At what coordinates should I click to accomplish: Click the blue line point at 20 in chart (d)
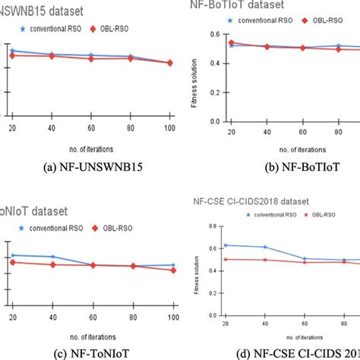tap(224, 245)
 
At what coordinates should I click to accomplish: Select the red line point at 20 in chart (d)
tap(224, 259)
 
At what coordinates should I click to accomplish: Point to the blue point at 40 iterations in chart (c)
tap(52, 257)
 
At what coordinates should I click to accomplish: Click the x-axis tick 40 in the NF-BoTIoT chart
tap(267, 130)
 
